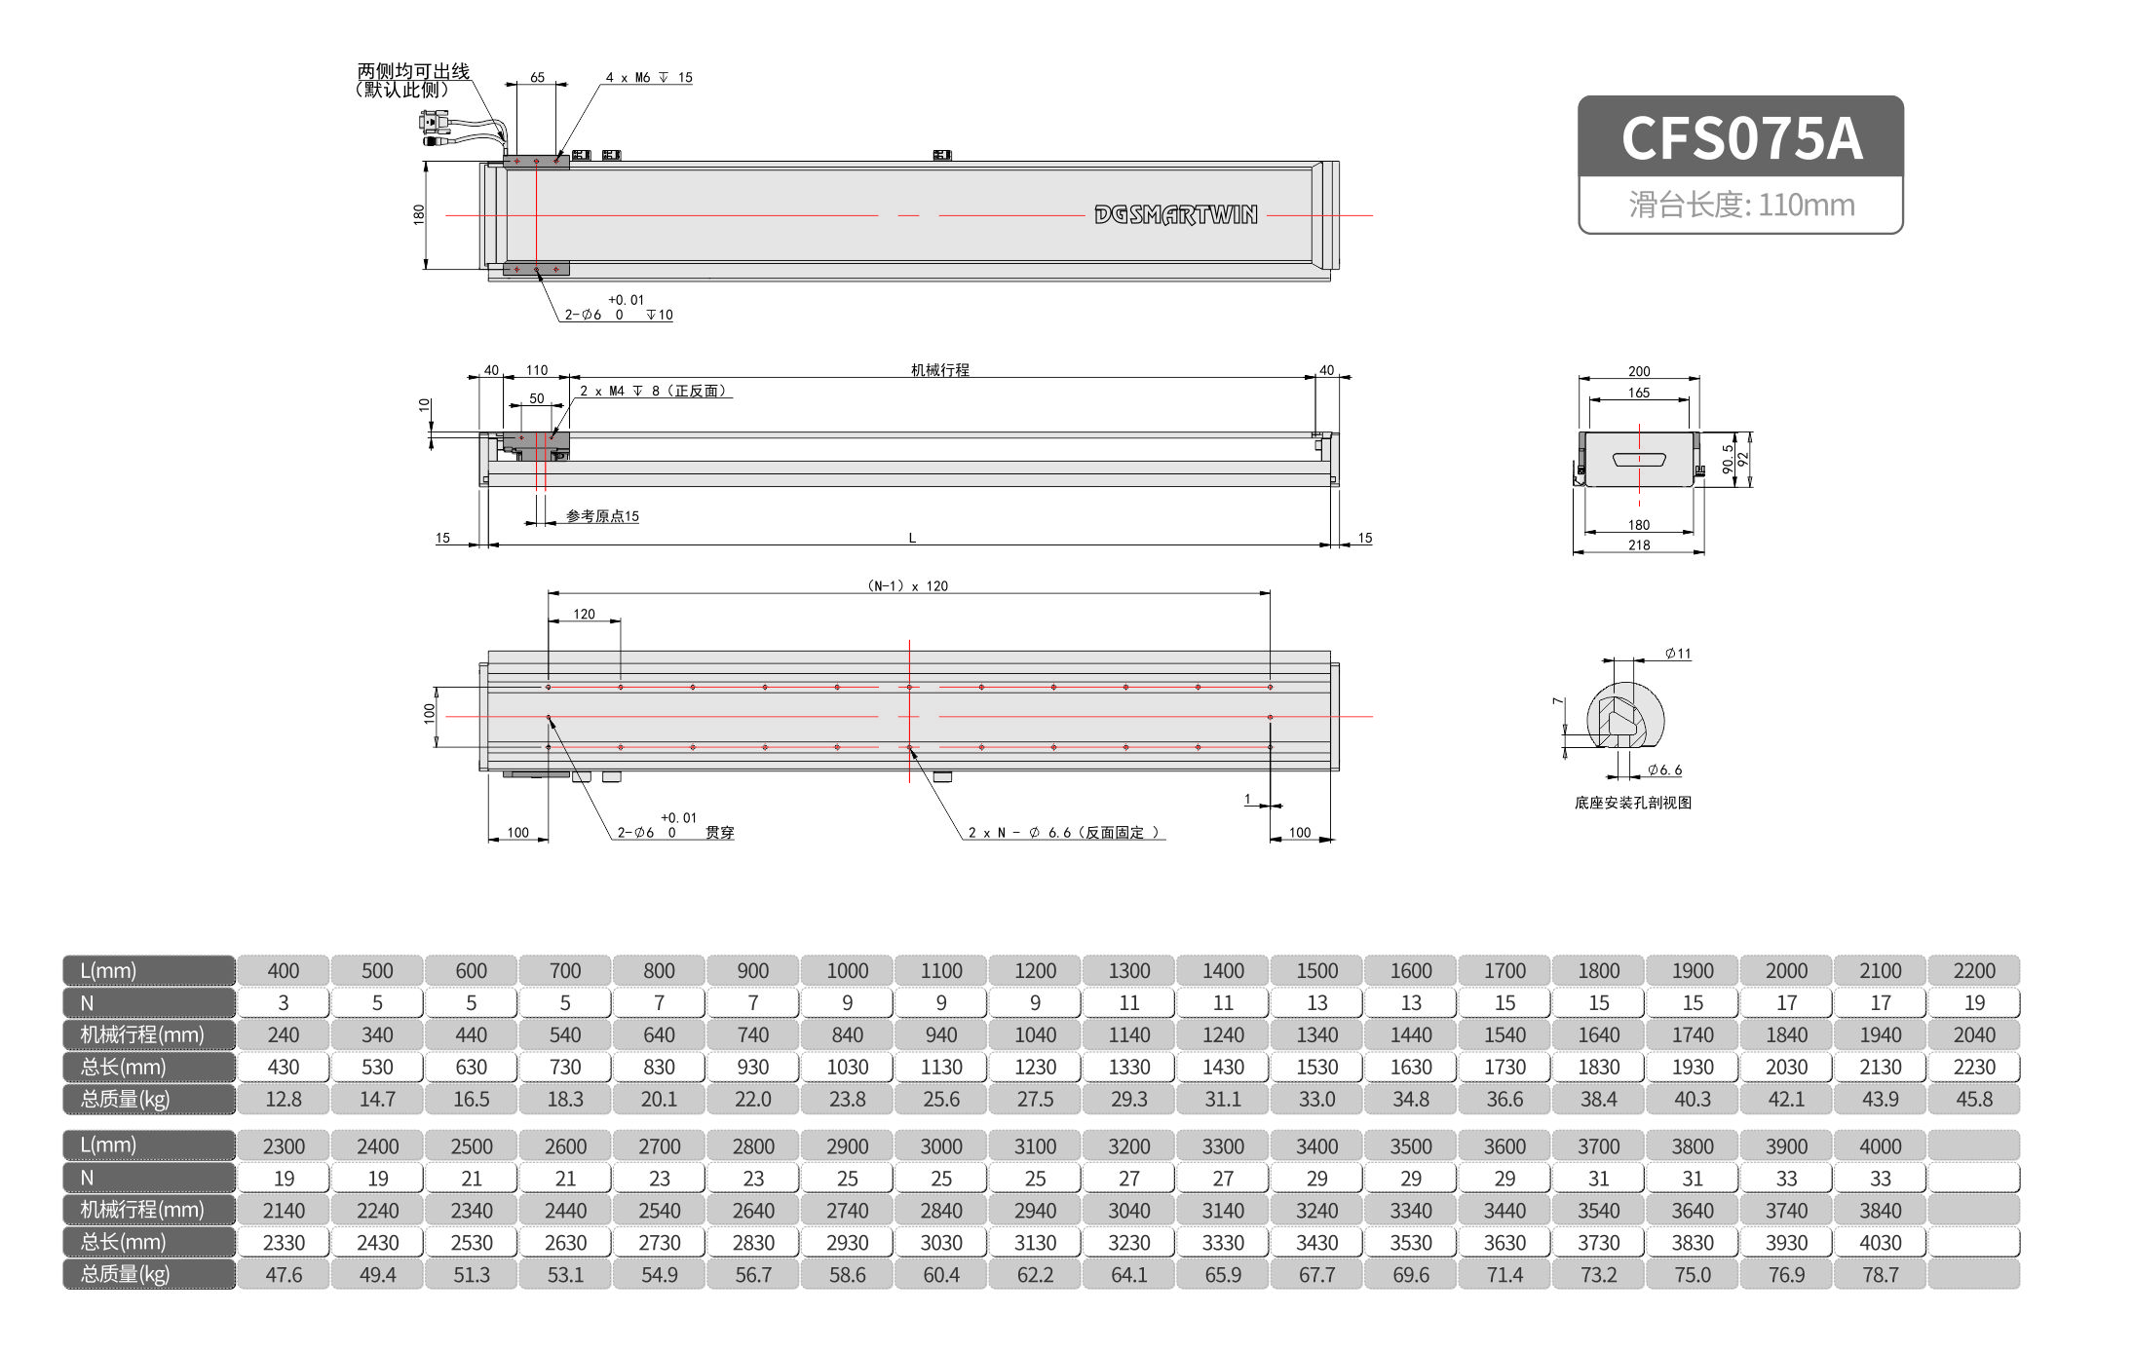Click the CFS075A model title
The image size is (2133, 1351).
1740,138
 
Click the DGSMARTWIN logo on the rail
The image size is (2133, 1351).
1175,214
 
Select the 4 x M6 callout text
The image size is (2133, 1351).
648,78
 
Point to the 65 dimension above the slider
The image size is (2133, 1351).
537,78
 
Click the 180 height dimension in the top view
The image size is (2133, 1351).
419,214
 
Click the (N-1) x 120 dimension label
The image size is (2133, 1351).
907,586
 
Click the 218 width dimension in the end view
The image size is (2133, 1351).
1639,545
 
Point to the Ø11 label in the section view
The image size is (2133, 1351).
1677,654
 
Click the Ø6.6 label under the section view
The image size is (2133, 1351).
1664,770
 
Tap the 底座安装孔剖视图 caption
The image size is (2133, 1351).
1632,803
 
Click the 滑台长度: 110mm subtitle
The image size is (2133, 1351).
1740,206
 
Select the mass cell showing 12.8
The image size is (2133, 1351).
284,1100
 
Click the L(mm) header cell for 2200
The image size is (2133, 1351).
1973,971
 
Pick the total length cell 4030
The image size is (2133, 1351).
1880,1243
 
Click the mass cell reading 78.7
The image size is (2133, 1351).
1880,1275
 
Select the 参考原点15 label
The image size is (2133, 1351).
602,516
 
